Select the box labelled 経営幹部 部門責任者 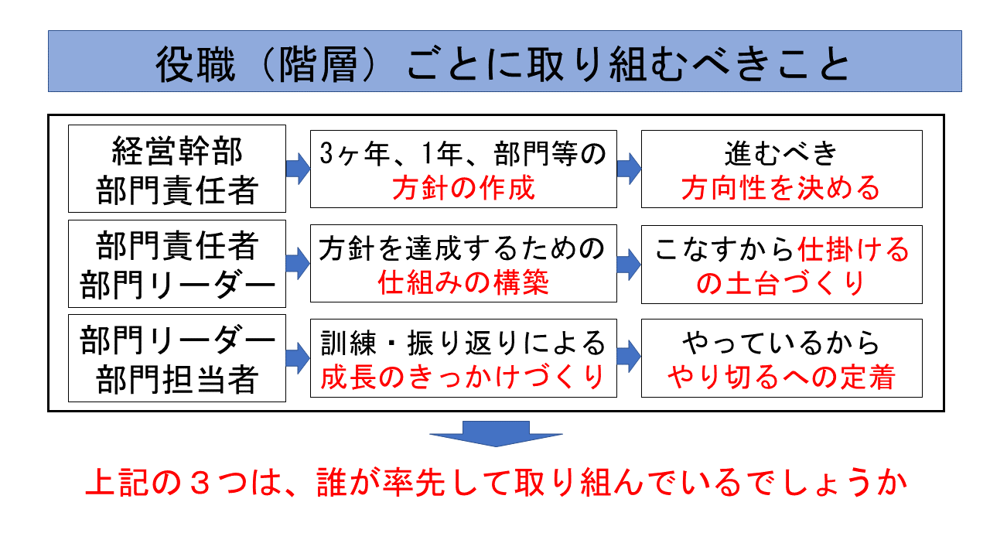point(177,169)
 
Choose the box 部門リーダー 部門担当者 point(177,358)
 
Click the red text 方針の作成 point(463,189)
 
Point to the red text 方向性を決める point(781,189)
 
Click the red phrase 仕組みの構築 point(463,283)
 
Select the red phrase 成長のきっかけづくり point(463,378)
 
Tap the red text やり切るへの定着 point(781,378)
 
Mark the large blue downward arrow point(496,434)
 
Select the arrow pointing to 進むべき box point(629,169)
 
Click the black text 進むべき point(781,153)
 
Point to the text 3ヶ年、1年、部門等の point(463,153)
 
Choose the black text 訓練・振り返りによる point(463,342)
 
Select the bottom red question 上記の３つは point(495,486)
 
